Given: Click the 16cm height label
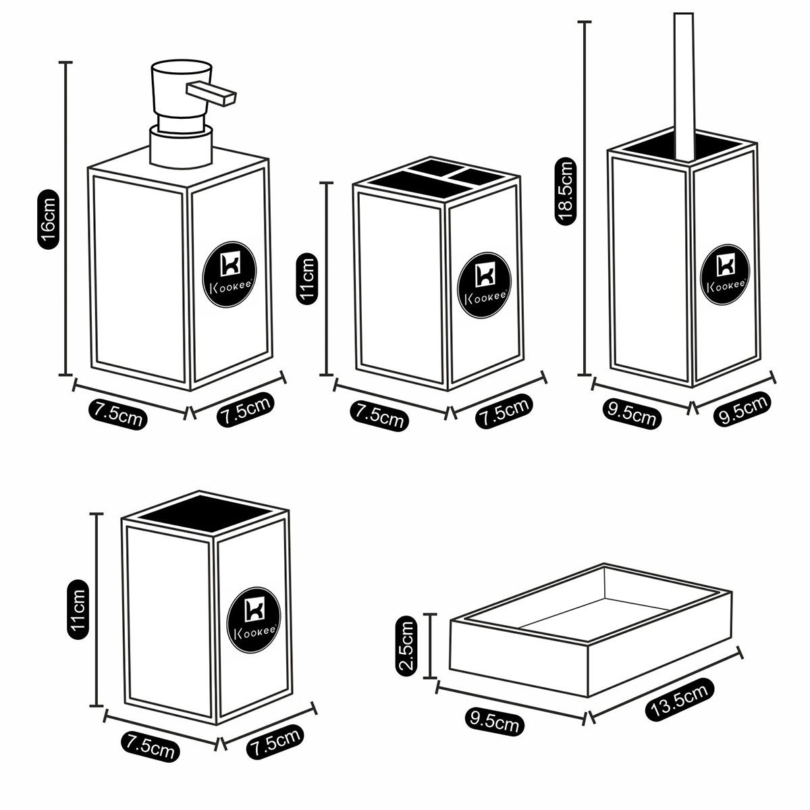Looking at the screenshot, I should (x=49, y=219).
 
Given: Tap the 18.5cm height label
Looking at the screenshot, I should (x=564, y=190).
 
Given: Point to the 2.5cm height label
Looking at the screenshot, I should (x=408, y=646).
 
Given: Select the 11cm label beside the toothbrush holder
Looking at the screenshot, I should (x=307, y=279).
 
